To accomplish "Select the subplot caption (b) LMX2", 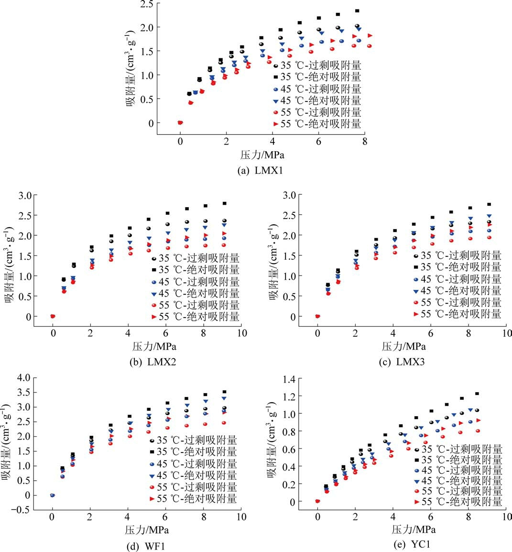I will click(x=153, y=362).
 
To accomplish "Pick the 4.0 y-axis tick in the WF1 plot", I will click(x=21, y=378).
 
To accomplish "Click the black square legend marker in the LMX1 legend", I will click(x=276, y=77).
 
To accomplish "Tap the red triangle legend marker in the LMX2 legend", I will click(x=154, y=317).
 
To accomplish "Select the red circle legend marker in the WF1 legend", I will click(x=152, y=487).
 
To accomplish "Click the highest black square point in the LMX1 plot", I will click(x=357, y=11).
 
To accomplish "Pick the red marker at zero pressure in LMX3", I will click(x=317, y=316).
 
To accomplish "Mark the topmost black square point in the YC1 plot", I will click(x=477, y=394).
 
